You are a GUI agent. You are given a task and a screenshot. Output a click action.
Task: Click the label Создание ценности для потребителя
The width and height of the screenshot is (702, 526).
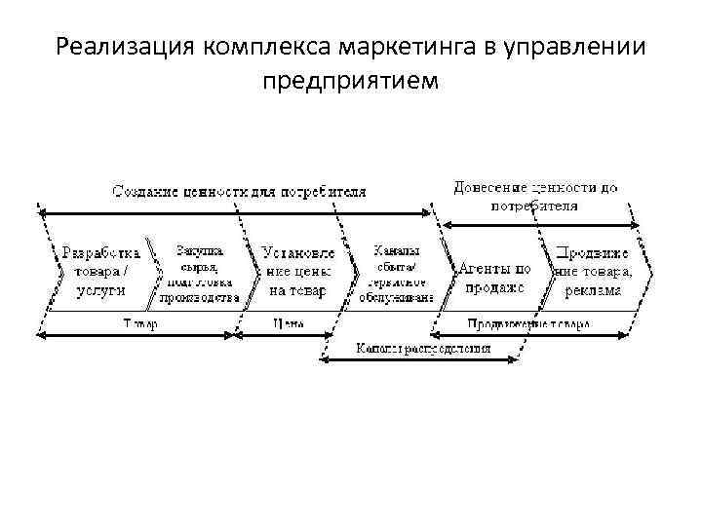tap(239, 191)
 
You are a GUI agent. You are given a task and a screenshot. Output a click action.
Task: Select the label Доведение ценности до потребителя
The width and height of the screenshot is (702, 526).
tap(535, 196)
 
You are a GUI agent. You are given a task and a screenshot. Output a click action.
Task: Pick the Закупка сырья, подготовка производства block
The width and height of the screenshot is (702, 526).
tap(199, 274)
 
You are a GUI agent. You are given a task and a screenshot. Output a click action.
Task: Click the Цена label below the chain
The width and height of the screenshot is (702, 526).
tap(286, 323)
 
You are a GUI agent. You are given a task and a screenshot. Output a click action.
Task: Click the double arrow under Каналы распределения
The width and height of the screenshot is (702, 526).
tap(423, 361)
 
